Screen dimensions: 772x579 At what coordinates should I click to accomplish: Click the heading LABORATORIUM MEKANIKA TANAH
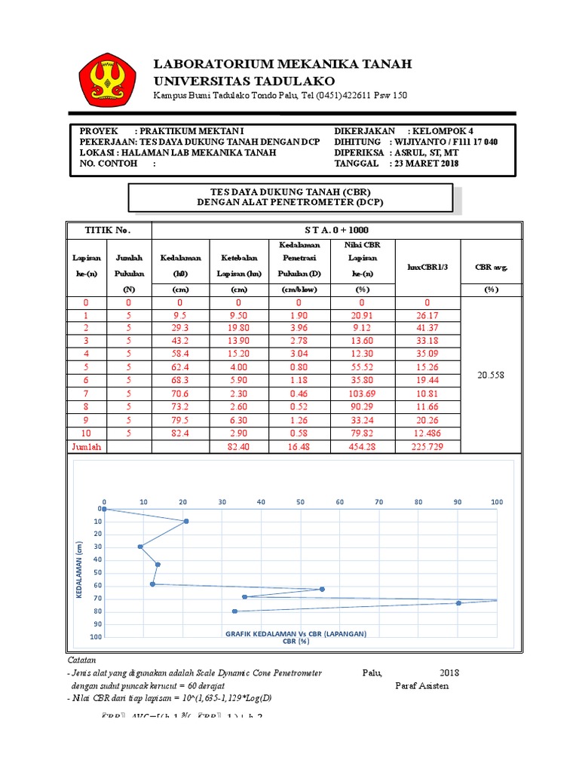tap(283, 64)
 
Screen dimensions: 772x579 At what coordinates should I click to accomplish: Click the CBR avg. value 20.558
tap(490, 374)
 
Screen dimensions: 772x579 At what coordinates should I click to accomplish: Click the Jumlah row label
tap(86, 446)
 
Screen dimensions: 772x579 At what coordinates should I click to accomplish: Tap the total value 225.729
tap(428, 446)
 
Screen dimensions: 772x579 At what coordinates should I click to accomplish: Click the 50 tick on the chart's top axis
tap(300, 501)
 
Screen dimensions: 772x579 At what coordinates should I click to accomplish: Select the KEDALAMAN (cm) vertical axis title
tap(79, 573)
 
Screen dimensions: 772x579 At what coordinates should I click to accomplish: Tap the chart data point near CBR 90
tap(458, 603)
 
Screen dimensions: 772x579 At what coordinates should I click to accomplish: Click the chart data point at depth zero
tap(105, 509)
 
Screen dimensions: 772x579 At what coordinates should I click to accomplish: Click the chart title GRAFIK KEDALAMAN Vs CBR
tap(296, 634)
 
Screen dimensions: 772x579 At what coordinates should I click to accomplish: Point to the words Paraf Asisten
tap(421, 686)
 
